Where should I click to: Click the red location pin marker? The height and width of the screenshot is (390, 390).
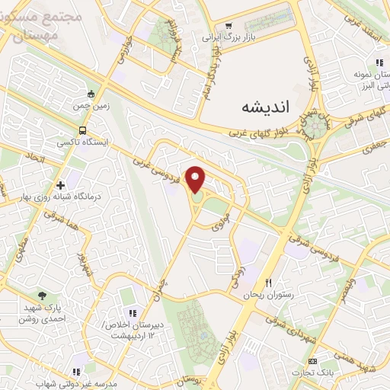197,180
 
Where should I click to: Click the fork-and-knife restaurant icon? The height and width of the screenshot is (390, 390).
267,282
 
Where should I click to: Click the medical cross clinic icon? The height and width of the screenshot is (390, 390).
59,185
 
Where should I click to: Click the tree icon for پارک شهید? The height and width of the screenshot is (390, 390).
42,295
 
